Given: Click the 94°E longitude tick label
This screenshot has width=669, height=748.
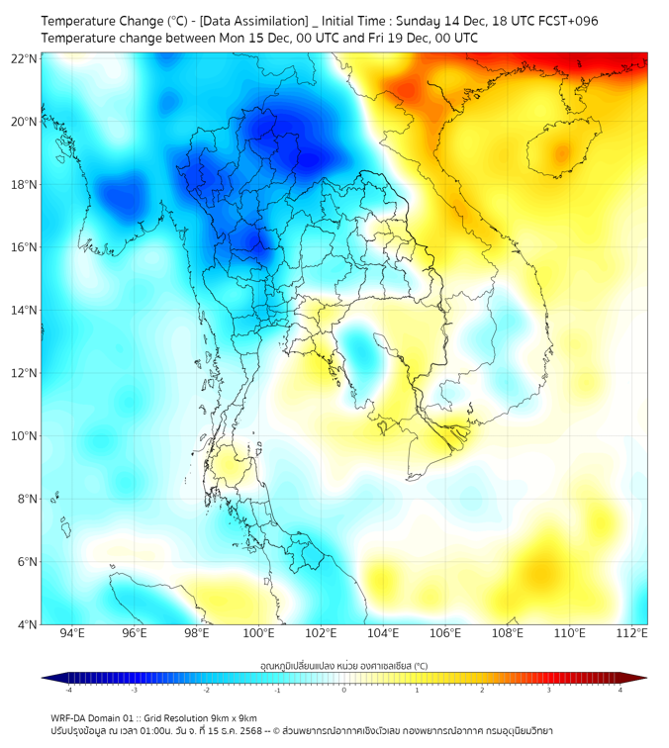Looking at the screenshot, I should (72, 633).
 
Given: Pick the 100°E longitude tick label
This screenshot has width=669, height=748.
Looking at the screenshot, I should (259, 633).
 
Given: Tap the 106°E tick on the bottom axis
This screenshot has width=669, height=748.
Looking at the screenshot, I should (445, 633).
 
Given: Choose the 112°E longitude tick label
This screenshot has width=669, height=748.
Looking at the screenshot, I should (631, 633).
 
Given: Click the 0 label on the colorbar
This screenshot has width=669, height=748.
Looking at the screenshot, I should (344, 690).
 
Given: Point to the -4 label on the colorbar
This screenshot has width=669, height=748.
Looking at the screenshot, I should (67, 690).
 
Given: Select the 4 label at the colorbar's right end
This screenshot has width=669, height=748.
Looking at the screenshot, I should (621, 690).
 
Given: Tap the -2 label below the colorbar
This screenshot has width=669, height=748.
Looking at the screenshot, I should (205, 690).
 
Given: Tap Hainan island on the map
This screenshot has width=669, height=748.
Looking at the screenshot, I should (561, 153).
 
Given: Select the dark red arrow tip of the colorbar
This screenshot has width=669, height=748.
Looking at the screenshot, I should (640, 678).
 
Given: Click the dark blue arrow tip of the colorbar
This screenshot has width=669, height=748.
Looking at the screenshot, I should (48, 678).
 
